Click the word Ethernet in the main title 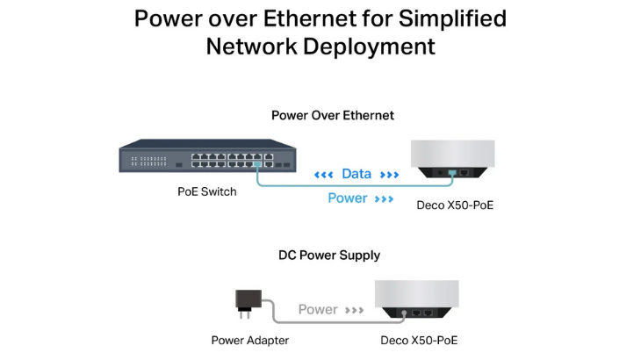tap(310, 18)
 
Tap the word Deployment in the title tap(369, 47)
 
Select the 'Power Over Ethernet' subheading tap(333, 115)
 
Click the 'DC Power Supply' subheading tap(329, 256)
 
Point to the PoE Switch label tap(207, 191)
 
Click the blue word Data tap(357, 174)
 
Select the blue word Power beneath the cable tap(348, 198)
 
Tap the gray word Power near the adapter tap(318, 309)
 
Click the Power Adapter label tap(249, 341)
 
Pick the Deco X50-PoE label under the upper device tap(455, 205)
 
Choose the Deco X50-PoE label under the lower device tap(419, 341)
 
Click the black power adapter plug tap(248, 304)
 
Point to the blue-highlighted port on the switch tap(257, 164)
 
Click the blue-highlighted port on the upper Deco tap(451, 173)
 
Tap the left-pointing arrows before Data tap(323, 175)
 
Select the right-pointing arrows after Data tap(389, 175)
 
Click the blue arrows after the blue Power tap(384, 199)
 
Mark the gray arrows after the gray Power tap(354, 310)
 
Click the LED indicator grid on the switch tap(148, 161)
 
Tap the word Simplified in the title tap(452, 19)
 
